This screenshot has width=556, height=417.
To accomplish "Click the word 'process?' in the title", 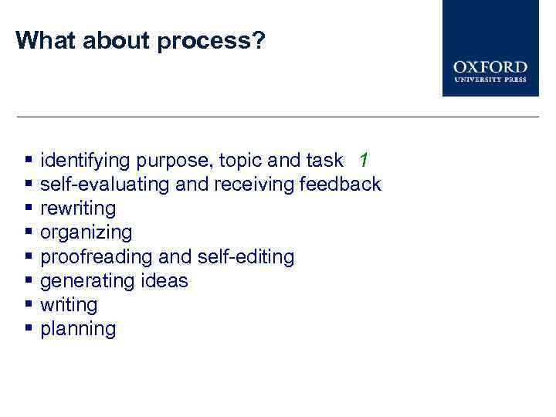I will click(x=211, y=41).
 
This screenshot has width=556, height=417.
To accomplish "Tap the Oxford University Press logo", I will click(x=490, y=48).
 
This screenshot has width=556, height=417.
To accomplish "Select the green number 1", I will click(x=364, y=161).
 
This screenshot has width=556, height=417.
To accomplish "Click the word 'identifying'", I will click(x=86, y=161).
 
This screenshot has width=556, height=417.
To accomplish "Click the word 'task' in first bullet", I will click(x=324, y=161).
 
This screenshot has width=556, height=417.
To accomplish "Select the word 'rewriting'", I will click(x=78, y=208).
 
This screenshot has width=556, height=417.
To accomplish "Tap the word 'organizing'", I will click(x=86, y=232).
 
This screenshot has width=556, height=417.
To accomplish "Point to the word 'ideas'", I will click(x=164, y=280).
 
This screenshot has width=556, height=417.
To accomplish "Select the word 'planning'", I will click(x=78, y=329).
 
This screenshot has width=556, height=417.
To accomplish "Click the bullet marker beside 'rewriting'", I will click(x=29, y=208).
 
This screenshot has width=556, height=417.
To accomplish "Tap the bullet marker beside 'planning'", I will click(x=29, y=329).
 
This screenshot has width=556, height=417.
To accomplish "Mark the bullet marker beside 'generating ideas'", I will click(x=29, y=280).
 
